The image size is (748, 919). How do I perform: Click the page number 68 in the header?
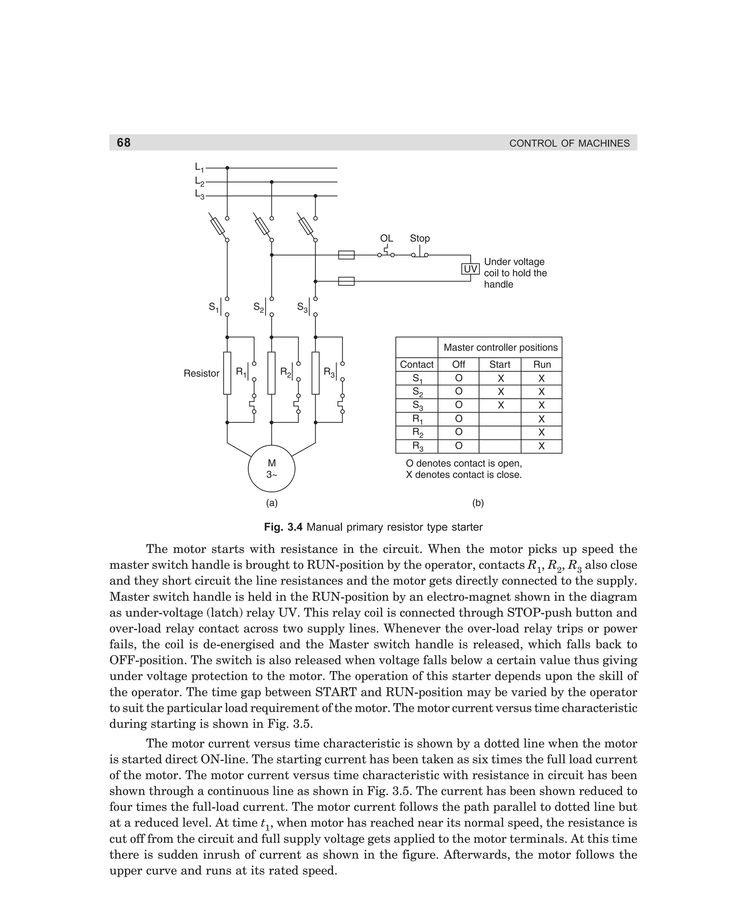[x=124, y=142]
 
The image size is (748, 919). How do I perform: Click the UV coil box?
[x=470, y=269]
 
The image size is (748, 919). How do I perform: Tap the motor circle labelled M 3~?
[x=271, y=469]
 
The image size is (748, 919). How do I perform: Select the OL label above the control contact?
[x=386, y=238]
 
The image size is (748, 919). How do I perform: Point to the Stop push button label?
[x=420, y=238]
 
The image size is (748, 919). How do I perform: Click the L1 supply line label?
[x=199, y=168]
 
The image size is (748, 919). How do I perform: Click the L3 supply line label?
[x=199, y=195]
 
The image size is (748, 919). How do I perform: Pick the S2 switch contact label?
[x=259, y=308]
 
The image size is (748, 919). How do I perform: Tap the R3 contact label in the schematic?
[x=329, y=373]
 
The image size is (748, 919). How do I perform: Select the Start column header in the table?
[x=500, y=365]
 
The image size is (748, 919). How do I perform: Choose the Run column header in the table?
[x=542, y=365]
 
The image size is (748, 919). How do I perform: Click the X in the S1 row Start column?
[x=501, y=378]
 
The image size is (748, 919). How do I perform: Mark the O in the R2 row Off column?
[x=459, y=432]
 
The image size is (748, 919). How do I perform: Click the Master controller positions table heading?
[x=500, y=347]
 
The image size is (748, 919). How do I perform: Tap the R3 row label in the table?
[x=417, y=446]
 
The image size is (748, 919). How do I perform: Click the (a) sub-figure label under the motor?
[x=271, y=503]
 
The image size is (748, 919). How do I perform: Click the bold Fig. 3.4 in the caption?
[x=283, y=527]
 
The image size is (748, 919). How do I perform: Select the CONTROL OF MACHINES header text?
[x=569, y=144]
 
